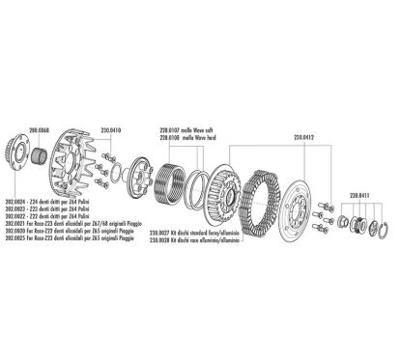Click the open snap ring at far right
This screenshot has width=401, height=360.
click(382, 228)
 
